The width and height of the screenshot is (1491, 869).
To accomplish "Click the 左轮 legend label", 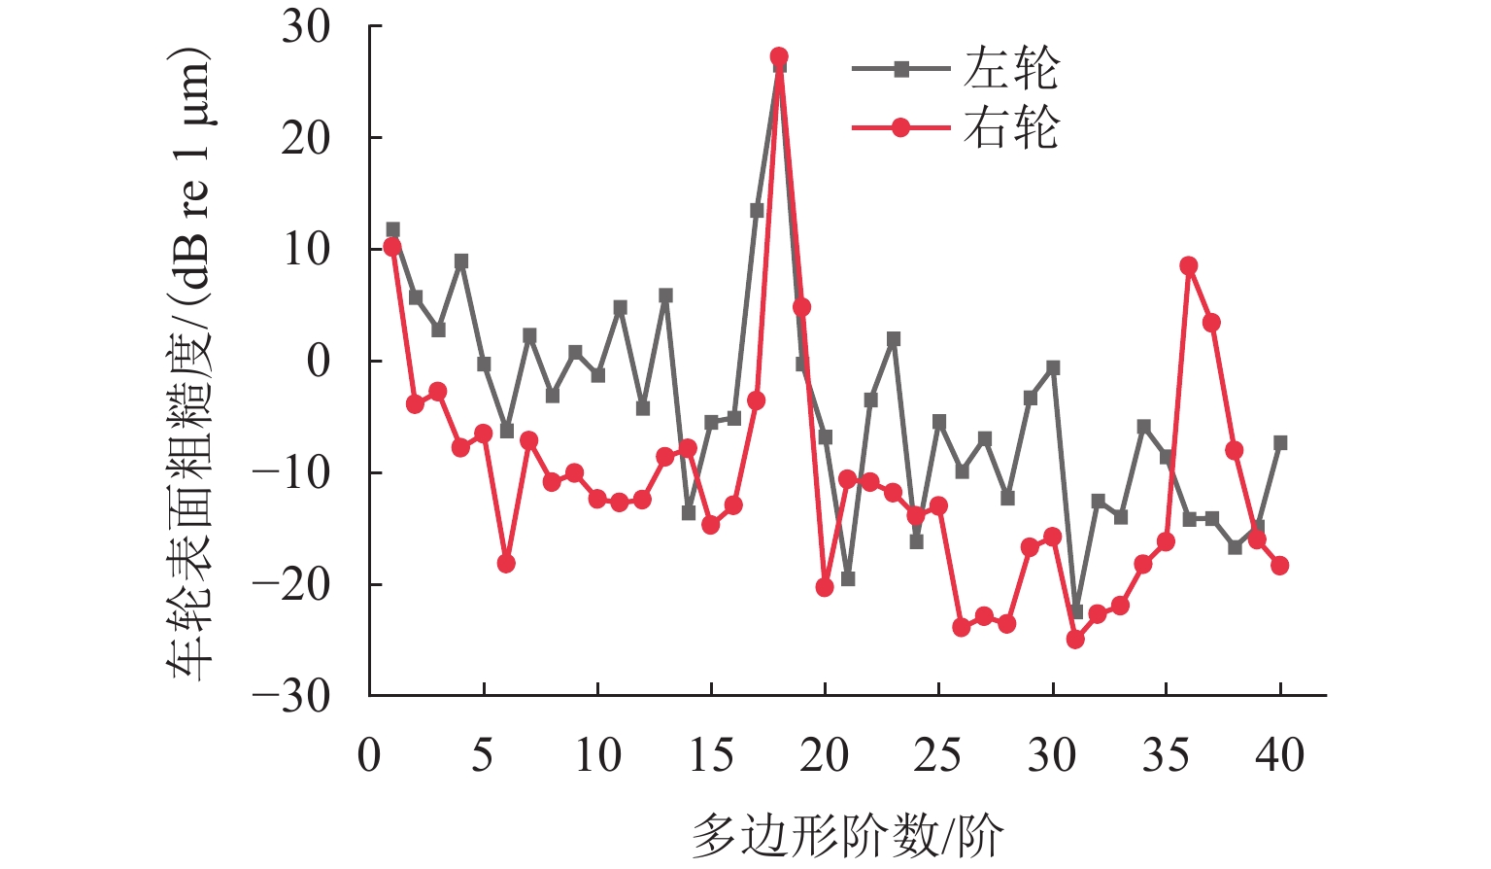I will (x=1010, y=69).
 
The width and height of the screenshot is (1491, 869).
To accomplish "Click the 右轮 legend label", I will (x=1010, y=127).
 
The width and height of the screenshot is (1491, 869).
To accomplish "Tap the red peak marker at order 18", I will (x=779, y=56).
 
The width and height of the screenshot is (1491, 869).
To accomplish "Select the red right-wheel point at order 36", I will (x=1189, y=265).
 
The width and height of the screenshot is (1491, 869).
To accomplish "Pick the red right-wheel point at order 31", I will (x=1075, y=640).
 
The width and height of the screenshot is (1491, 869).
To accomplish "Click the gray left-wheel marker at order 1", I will (x=392, y=230).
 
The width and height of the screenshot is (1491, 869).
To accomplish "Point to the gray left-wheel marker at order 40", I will (x=1280, y=442).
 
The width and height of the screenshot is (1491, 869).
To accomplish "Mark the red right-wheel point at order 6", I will (x=506, y=564).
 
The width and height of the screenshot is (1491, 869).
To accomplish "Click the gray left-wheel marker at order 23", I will (x=894, y=339).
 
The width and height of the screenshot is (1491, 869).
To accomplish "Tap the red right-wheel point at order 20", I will (x=825, y=587).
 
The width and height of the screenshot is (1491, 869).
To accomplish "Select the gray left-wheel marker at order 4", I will (x=461, y=261).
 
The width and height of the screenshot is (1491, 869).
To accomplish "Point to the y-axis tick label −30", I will (x=292, y=696).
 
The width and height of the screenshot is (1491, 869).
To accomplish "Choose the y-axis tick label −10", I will (x=292, y=473).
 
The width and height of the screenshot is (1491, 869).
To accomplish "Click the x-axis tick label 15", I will (x=711, y=756).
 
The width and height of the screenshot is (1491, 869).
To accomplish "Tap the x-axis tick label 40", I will (x=1279, y=756).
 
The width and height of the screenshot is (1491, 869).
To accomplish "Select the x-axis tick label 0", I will (x=369, y=756).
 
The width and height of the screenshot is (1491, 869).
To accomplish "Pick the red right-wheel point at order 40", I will (x=1280, y=566).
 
